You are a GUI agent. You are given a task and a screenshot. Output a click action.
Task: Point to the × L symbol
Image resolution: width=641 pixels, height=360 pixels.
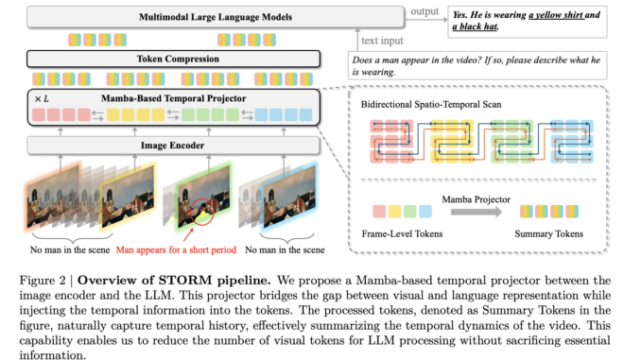pos(43,98)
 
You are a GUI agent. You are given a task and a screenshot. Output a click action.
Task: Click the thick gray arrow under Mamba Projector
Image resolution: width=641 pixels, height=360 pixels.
pos(477,214)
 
